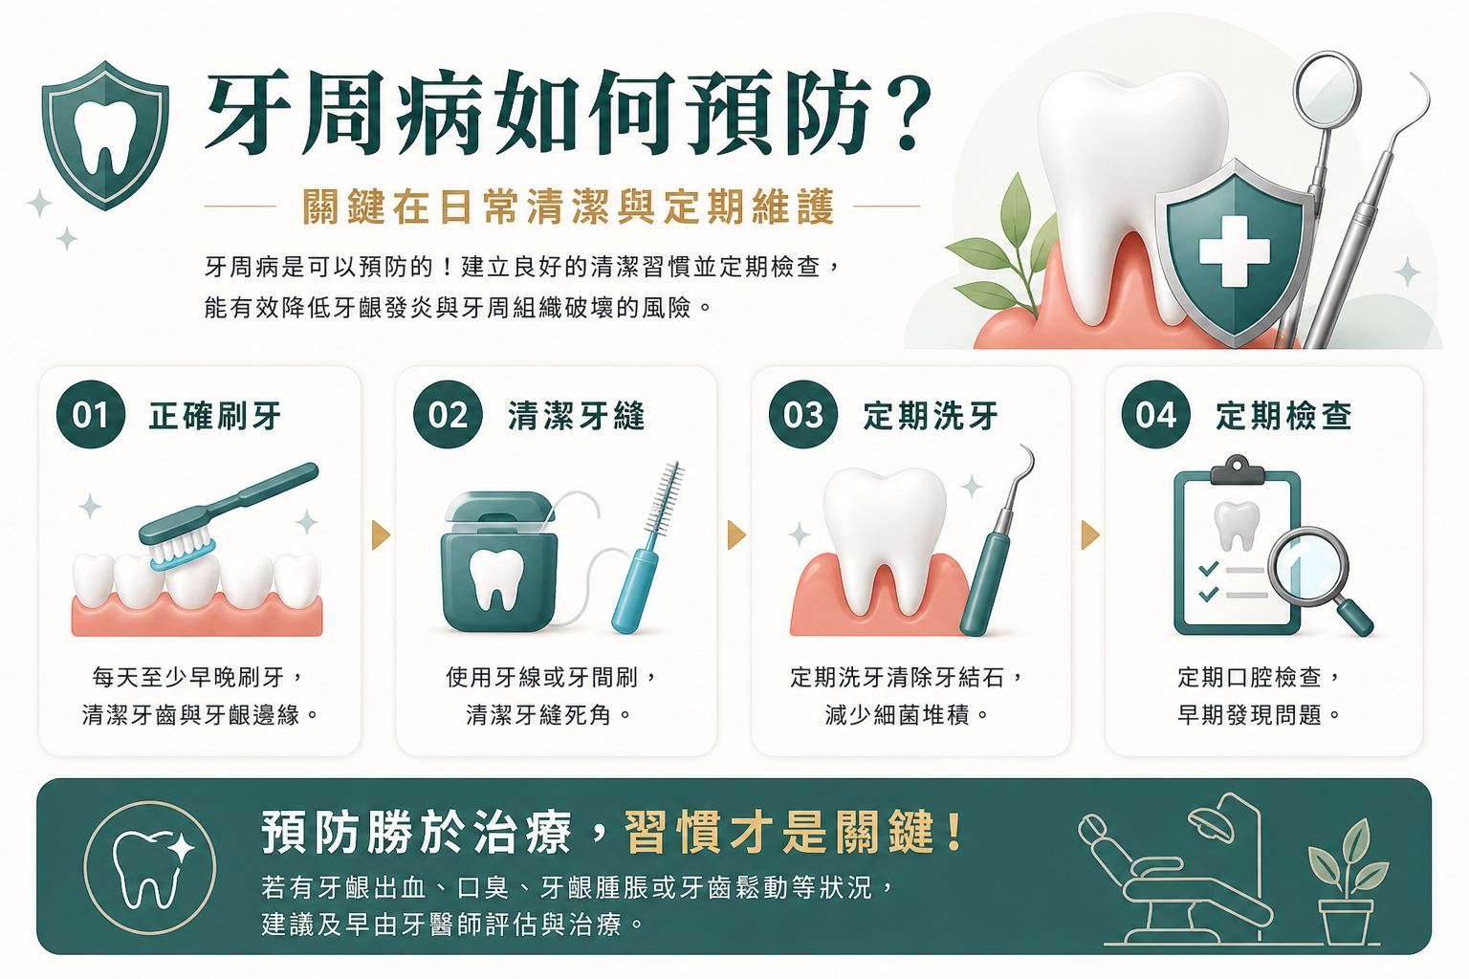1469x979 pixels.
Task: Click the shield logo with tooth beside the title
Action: (105, 136)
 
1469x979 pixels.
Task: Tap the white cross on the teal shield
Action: (1235, 251)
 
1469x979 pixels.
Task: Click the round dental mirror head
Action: (1326, 90)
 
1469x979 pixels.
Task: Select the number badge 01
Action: (91, 414)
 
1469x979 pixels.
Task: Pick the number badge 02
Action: (448, 414)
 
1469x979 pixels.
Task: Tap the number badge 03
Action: (802, 414)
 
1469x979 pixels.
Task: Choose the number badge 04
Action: (1155, 414)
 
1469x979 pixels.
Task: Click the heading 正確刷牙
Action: (215, 416)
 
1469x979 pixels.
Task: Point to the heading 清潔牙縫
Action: (577, 416)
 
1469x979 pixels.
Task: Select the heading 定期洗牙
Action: (931, 416)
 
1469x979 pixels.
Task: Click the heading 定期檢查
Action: (1283, 416)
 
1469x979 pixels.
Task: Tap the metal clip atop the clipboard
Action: (1237, 470)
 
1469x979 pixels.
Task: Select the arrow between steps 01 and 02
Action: (381, 535)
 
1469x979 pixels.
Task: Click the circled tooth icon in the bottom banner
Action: (149, 867)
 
